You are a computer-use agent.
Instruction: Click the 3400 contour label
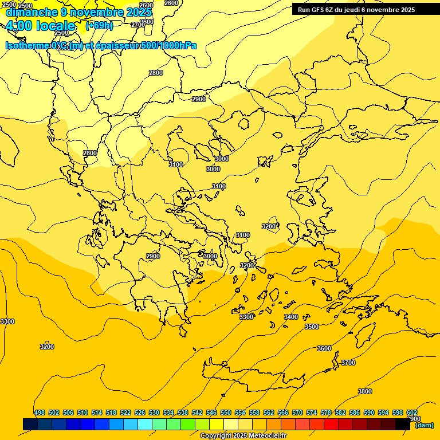[x=291, y=317]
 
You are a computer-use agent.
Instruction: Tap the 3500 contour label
[x=311, y=327]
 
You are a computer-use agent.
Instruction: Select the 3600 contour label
[x=324, y=348]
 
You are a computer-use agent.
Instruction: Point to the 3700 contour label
[x=348, y=363]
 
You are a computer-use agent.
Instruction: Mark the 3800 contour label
[x=365, y=391]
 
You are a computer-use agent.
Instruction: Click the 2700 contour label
[x=138, y=25]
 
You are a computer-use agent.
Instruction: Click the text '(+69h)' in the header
[x=99, y=25]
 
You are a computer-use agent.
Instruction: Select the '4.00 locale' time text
[x=40, y=26]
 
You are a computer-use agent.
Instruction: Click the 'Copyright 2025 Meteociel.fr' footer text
[x=243, y=436]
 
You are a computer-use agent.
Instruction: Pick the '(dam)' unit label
[x=425, y=425]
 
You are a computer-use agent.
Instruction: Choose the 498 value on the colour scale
[x=40, y=412]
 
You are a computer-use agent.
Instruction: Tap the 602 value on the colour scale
[x=412, y=412]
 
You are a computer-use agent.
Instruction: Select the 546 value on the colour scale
[x=211, y=412]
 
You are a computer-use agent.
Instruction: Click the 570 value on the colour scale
[x=297, y=412]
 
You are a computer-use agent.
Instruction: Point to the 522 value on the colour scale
[x=125, y=412]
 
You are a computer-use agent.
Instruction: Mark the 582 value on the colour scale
[x=340, y=412]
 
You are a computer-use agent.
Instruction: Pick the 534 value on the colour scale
[x=168, y=412]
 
